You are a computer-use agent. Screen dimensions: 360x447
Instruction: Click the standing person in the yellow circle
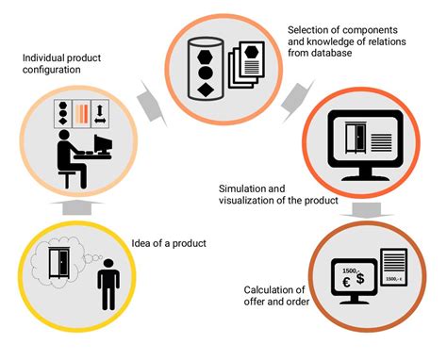coord(109,283)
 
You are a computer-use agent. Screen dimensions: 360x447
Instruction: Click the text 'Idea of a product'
coord(170,245)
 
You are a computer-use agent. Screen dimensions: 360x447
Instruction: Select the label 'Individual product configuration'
coord(63,63)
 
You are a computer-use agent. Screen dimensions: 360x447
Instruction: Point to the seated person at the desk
coord(68,155)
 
